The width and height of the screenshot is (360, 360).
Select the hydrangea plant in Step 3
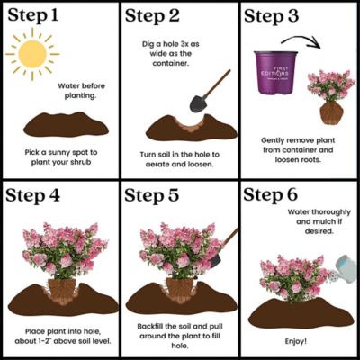click(x=329, y=94)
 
